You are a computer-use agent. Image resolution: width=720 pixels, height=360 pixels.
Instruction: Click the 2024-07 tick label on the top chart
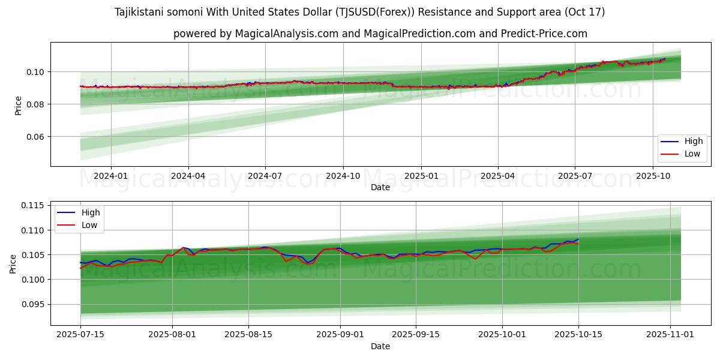tap(265, 176)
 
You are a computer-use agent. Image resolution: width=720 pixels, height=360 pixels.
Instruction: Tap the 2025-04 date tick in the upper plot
tap(497, 176)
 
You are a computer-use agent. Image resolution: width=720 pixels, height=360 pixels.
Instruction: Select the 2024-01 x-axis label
tap(111, 176)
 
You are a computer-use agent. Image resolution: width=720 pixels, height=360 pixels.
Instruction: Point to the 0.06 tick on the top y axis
tap(35, 137)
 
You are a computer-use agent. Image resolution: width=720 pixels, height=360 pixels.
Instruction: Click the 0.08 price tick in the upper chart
tap(35, 104)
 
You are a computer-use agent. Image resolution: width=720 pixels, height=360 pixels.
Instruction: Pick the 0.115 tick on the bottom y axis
tap(33, 206)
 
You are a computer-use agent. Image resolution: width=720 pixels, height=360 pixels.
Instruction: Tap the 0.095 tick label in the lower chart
tap(33, 304)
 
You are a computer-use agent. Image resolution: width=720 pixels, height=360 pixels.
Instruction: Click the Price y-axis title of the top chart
tap(18, 104)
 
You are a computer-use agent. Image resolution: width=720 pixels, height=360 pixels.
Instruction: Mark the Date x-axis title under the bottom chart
tap(380, 346)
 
